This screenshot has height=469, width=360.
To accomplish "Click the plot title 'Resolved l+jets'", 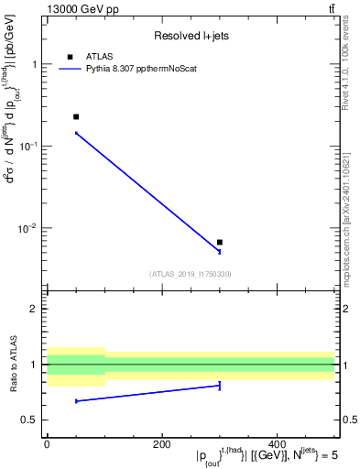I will pos(191,36).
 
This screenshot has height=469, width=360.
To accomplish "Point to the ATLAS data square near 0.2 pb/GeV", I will pos(75,116).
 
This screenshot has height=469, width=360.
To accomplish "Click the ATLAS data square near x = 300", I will pos(220,242).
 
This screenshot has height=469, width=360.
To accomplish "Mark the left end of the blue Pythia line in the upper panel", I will pos(75,133).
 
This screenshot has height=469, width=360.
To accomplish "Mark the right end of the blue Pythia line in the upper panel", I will pos(220,251).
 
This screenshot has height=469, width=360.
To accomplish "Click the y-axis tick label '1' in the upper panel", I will pos(34,65).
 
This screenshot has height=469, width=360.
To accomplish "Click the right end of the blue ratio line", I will pos(220,386).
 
